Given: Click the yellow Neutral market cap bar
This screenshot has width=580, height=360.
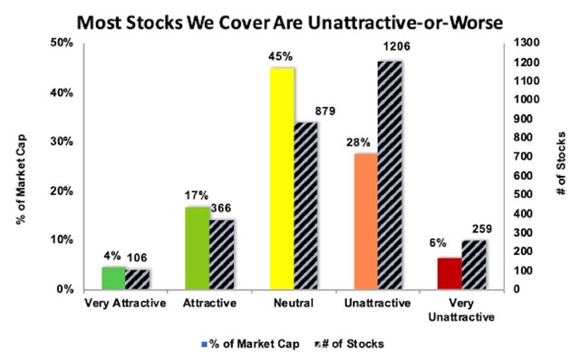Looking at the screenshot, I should click(282, 178).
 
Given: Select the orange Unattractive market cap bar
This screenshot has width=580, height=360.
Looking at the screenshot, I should click(366, 221).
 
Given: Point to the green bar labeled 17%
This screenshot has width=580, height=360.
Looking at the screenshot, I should click(197, 247).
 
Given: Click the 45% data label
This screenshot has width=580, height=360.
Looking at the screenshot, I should click(281, 56).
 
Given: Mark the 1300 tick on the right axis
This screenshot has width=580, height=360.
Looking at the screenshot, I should click(514, 44).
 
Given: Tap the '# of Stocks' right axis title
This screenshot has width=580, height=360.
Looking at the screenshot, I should click(562, 163).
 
